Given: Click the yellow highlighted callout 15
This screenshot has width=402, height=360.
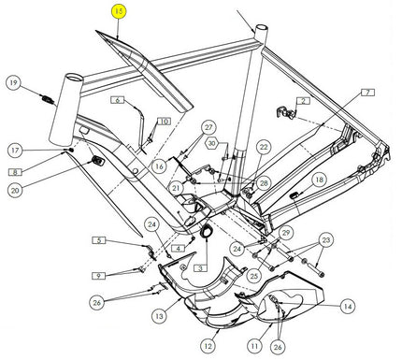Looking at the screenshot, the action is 119,12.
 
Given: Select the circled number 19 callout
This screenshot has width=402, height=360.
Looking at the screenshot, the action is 13,83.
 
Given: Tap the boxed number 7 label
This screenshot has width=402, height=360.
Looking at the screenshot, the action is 367,93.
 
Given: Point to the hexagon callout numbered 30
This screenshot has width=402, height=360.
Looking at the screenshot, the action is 212,143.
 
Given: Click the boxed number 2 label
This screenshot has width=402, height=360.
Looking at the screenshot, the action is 304,101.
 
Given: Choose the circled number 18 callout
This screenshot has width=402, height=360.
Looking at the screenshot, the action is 320,180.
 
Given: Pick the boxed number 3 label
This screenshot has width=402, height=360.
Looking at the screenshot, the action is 200,267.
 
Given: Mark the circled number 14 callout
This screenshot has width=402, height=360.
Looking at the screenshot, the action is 348,307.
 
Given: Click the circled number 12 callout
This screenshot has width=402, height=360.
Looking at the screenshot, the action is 208,346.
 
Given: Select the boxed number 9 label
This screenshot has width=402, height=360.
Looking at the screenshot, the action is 99,276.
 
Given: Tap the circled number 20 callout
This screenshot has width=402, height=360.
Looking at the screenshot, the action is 15,190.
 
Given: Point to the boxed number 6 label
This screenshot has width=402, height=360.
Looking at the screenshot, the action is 118,100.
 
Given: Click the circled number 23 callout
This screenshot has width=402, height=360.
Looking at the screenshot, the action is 326,240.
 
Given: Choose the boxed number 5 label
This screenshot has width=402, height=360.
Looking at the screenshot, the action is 99,240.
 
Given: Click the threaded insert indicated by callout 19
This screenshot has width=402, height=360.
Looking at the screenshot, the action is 48,100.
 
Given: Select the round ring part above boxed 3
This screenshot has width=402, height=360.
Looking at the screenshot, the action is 207,231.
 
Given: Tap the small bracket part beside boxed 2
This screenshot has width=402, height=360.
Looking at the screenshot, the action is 285,112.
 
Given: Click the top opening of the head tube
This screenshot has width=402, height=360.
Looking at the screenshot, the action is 75,78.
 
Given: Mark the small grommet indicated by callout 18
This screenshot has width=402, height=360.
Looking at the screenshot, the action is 294,195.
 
